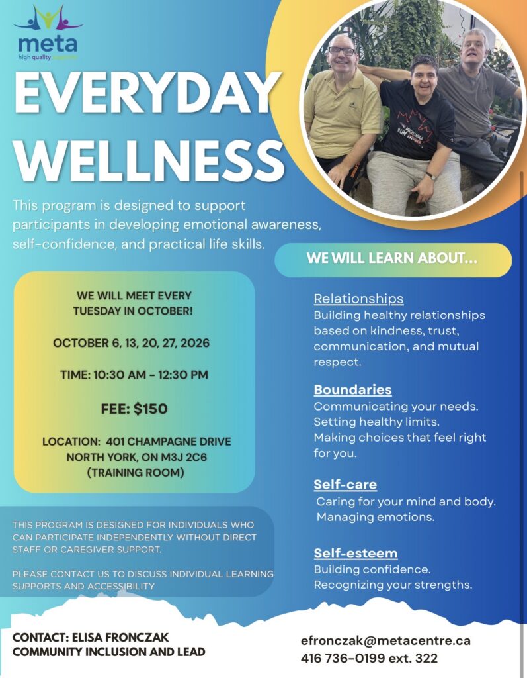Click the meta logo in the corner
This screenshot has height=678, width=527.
[48, 32]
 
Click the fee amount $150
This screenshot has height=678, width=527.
[150, 409]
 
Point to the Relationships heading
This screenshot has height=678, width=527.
[358, 299]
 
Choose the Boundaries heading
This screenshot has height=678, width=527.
[352, 389]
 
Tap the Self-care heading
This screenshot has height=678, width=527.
[345, 484]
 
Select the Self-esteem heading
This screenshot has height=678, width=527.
[356, 553]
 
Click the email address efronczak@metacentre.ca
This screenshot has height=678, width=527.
[385, 640]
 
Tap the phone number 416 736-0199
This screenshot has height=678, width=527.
[343, 658]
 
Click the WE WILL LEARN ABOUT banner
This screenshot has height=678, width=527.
[393, 260]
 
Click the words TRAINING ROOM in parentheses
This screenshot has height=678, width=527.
[136, 473]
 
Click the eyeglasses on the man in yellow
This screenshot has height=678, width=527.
[342, 50]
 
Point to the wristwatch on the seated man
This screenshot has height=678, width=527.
[430, 175]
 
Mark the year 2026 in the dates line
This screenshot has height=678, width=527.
[195, 343]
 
